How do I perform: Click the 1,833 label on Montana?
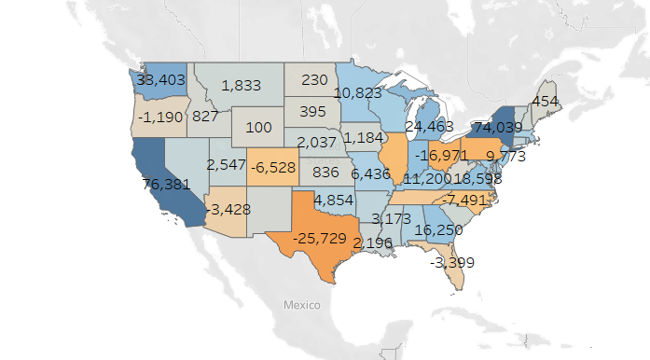(x=242, y=86)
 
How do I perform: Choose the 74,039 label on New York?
(x=502, y=127)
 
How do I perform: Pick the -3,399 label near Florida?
(x=451, y=262)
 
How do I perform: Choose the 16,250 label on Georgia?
(x=441, y=229)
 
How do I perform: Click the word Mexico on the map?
(x=302, y=306)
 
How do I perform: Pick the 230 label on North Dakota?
(x=315, y=80)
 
